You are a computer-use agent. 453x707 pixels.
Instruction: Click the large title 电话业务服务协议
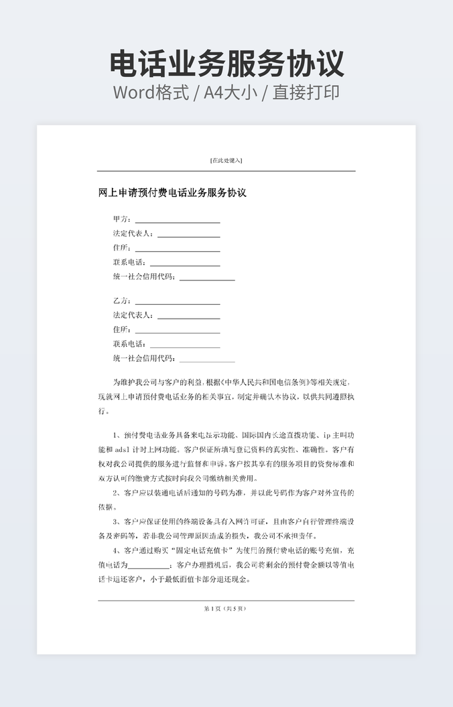point(226,63)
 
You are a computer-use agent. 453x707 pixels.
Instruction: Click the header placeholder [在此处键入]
point(226,160)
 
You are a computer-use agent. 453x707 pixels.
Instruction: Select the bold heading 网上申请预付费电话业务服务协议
point(172,193)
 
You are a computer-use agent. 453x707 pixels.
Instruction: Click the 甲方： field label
point(123,219)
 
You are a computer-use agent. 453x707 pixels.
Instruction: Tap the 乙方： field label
point(123,301)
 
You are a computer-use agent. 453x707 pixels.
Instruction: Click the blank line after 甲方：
point(178,220)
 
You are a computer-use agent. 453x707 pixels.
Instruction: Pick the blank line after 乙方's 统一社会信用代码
point(207,360)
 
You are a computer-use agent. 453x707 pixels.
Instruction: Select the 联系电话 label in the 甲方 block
point(129,262)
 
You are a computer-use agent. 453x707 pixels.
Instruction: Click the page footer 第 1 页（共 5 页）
point(226,608)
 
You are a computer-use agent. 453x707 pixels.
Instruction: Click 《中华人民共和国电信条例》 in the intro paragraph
point(255,382)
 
